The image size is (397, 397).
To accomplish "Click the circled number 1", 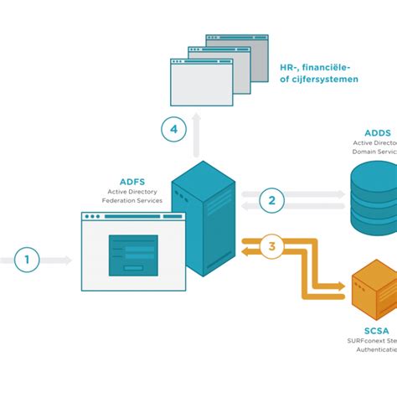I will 27,260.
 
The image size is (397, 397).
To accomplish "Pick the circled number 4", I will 173,129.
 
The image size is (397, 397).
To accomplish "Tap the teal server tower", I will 201,219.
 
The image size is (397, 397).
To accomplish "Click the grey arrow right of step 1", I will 56,260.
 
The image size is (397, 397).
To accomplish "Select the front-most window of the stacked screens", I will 201,81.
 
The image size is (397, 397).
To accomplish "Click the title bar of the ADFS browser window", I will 133,217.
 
